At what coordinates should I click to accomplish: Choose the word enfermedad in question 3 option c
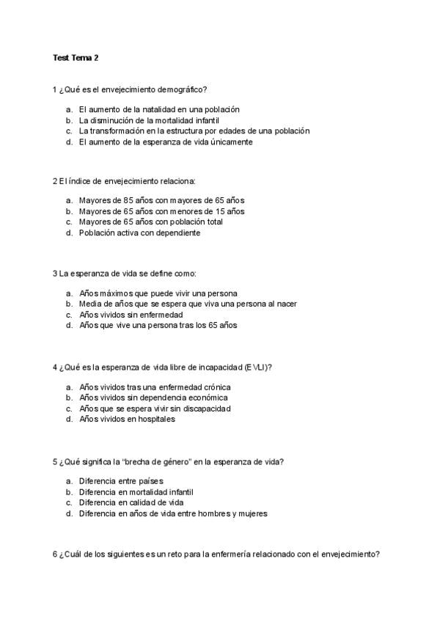tap(162, 314)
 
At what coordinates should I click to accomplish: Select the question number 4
tap(55, 367)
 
